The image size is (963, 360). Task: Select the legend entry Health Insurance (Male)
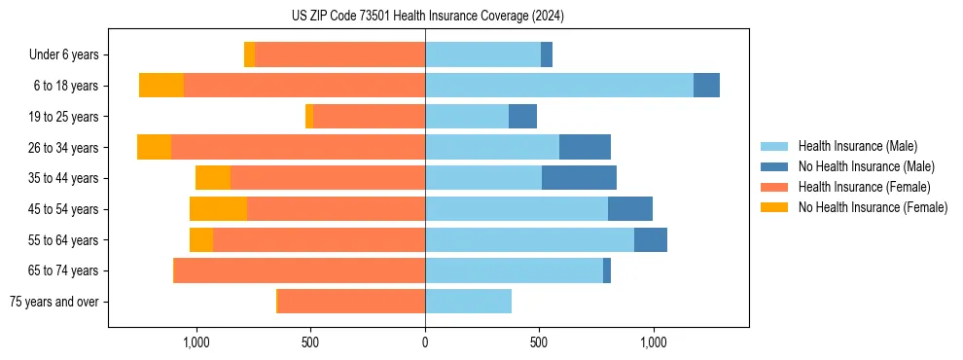click(857, 146)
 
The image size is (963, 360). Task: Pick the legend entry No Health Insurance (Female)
click(873, 207)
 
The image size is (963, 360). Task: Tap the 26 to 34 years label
click(64, 148)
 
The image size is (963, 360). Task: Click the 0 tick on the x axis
click(425, 342)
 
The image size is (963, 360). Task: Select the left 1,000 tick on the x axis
click(196, 342)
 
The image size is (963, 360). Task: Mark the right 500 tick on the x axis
click(539, 342)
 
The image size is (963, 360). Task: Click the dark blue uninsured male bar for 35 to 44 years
click(579, 178)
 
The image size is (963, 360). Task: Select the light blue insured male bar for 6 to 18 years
click(559, 86)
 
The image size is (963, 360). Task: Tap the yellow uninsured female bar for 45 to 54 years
click(218, 209)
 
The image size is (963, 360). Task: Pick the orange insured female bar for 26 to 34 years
click(298, 147)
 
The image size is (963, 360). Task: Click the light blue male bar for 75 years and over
click(468, 302)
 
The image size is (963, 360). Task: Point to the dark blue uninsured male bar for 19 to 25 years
click(522, 117)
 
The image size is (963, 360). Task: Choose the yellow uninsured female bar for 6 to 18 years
click(161, 86)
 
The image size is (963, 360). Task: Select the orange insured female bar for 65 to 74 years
click(300, 270)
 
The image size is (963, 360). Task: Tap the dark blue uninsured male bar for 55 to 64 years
click(651, 239)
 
